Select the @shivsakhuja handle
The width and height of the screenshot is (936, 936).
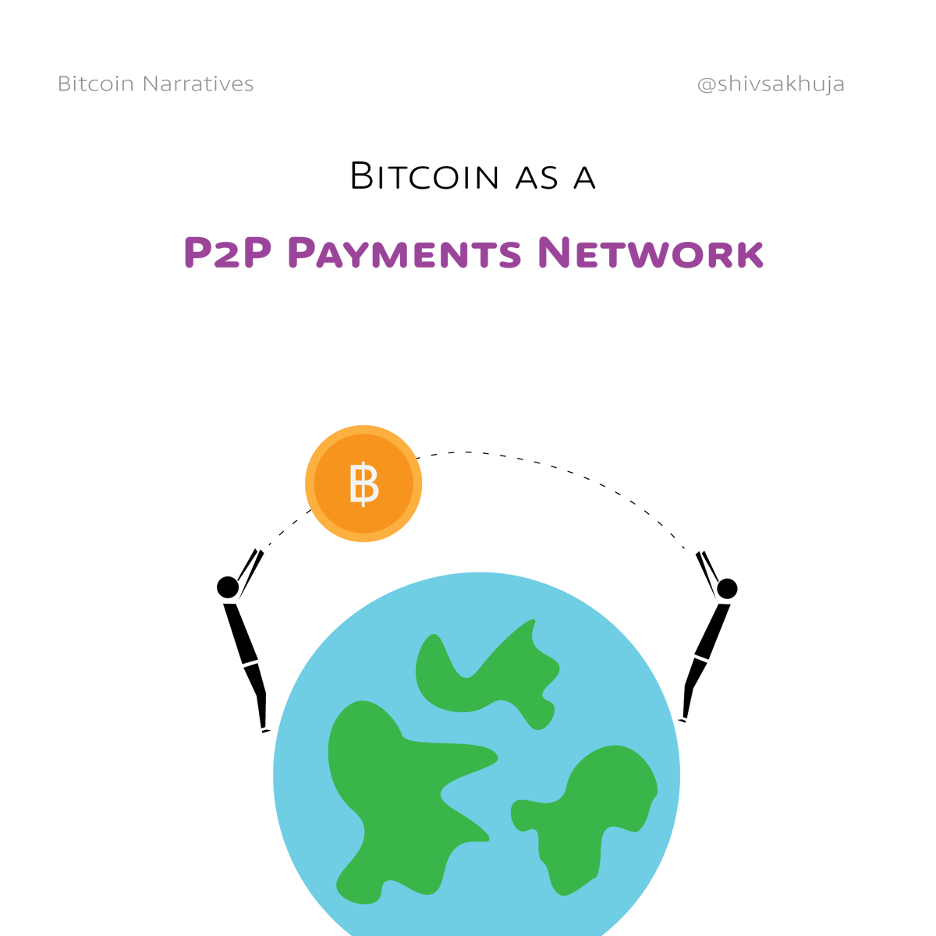pos(771,83)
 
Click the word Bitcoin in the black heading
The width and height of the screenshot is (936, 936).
pos(424,176)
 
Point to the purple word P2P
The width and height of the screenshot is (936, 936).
pos(227,253)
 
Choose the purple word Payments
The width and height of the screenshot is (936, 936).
pos(404,253)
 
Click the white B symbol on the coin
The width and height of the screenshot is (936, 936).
pos(363,484)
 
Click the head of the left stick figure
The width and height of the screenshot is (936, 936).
pos(228,587)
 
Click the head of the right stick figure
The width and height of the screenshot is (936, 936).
pos(727,588)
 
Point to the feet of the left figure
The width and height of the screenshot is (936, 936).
pos(264,729)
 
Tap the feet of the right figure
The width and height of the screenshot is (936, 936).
pos(684,718)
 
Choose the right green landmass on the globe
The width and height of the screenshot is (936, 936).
pos(593,811)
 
